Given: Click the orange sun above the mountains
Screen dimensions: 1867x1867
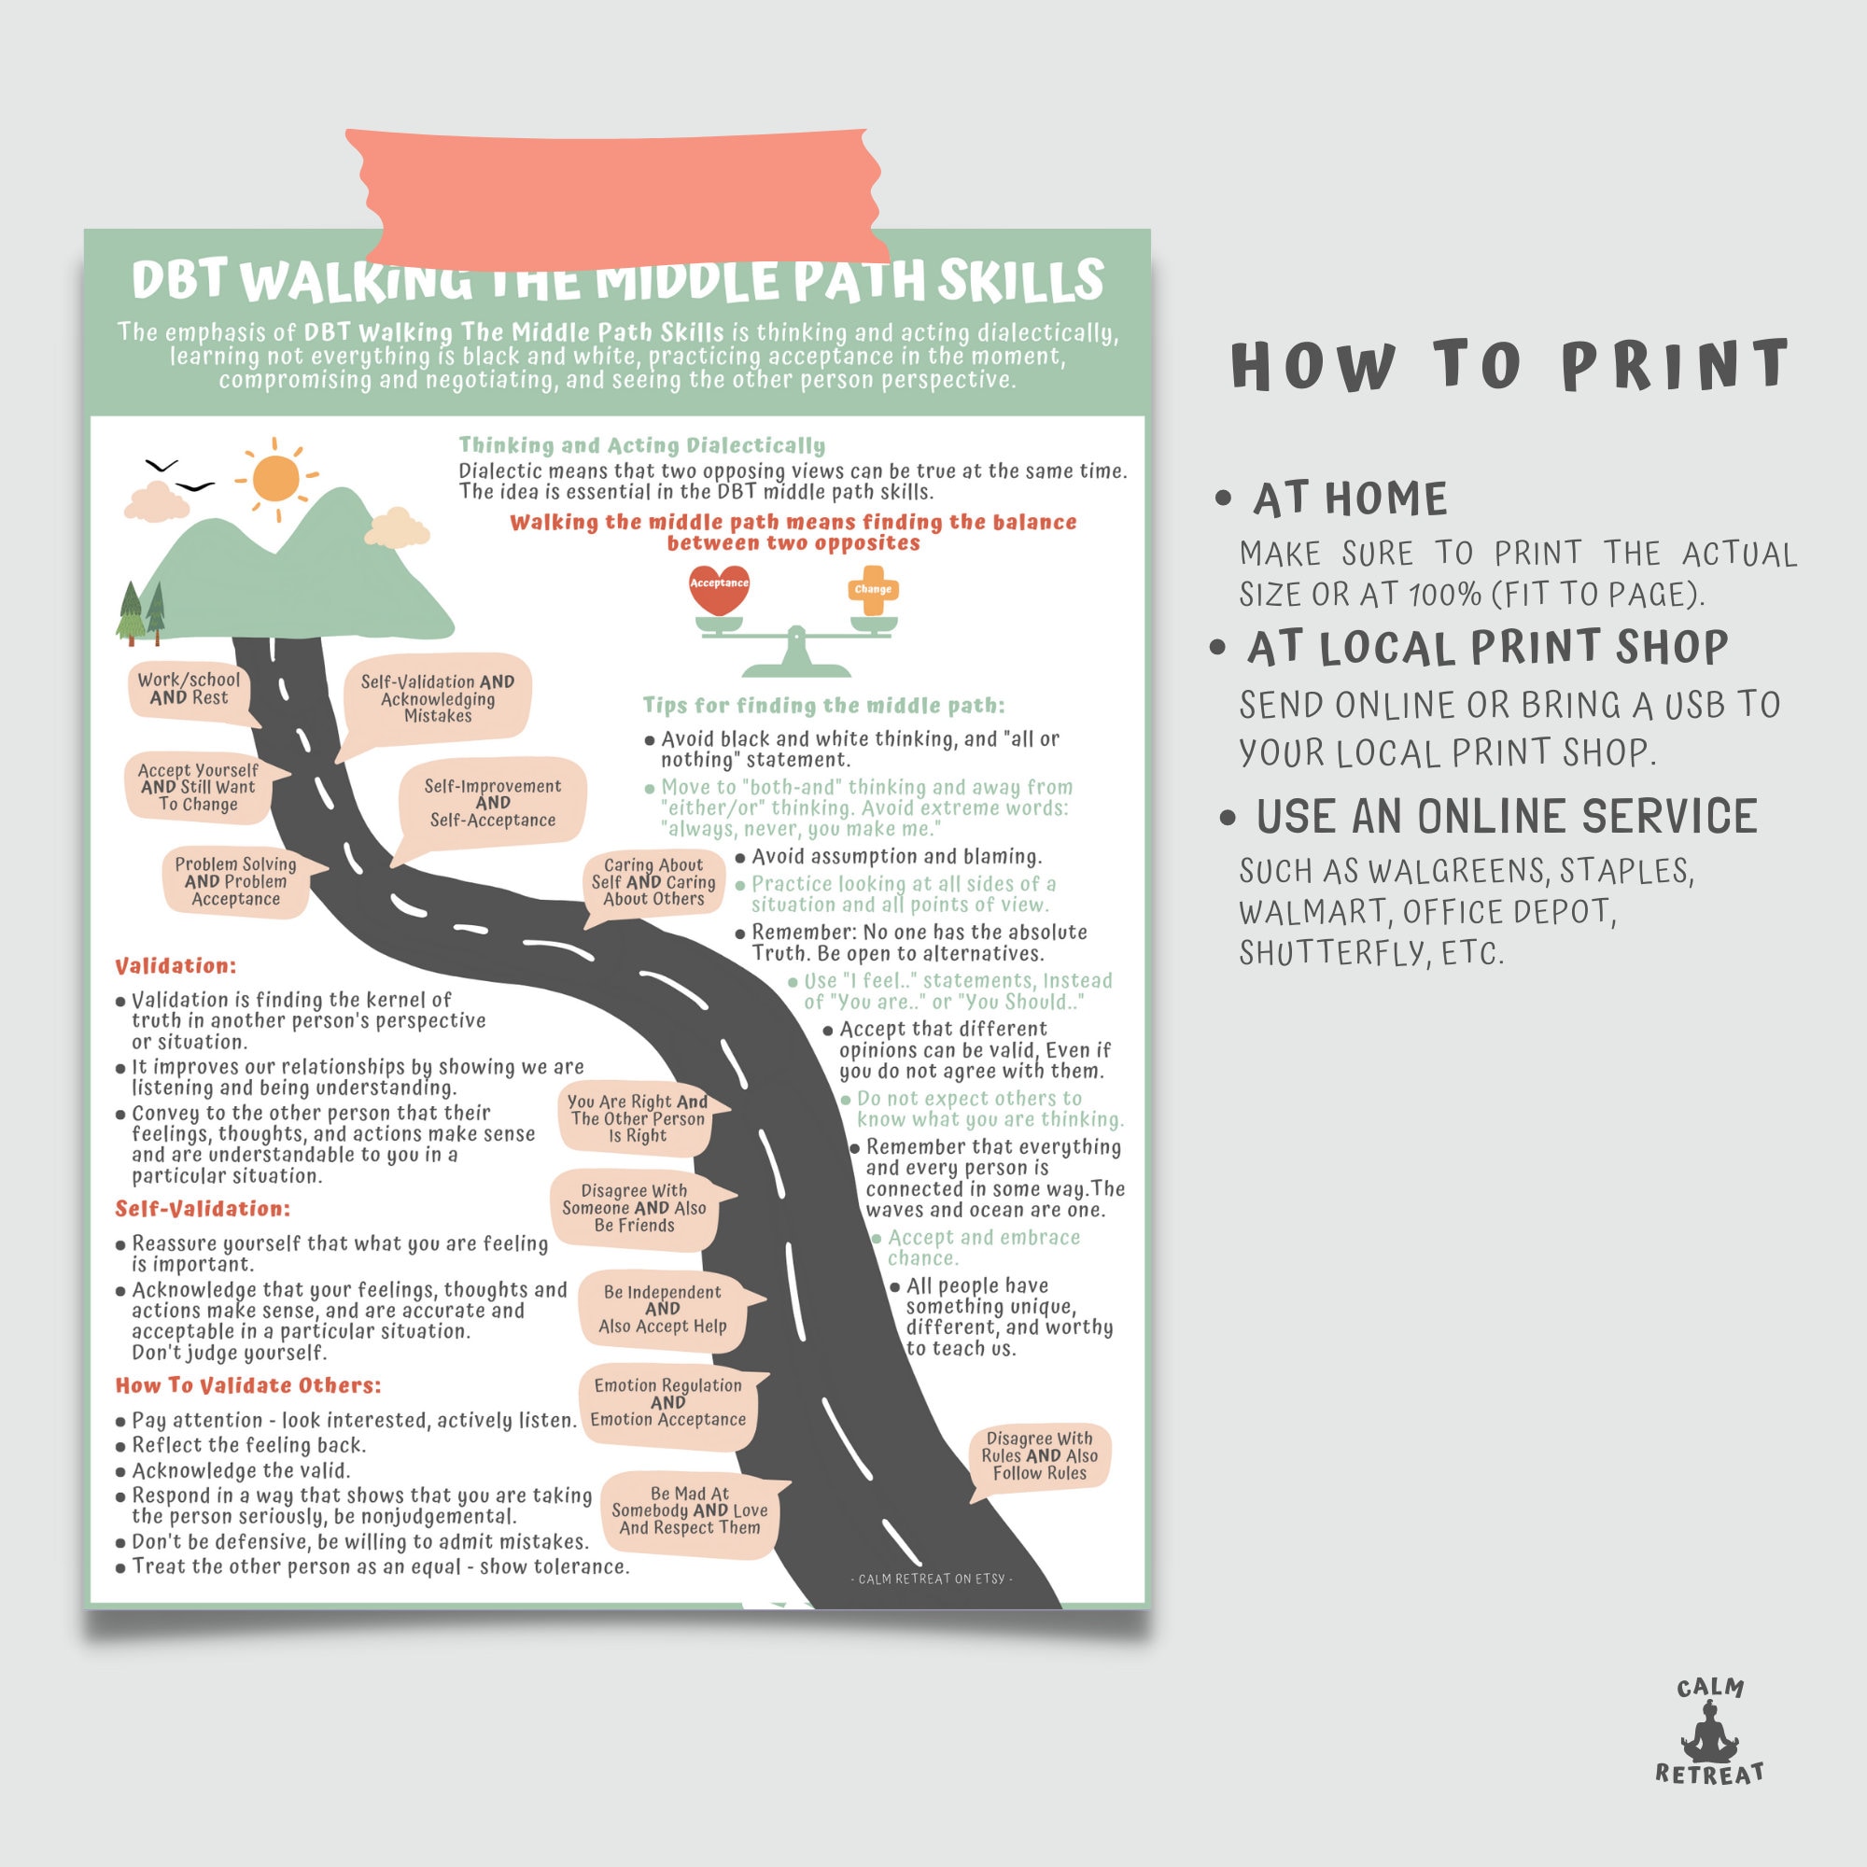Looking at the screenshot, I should pos(276,477).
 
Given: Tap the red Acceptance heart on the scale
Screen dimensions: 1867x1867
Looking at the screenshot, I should pos(719,591).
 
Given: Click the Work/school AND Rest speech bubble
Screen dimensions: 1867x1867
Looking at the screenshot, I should pos(189,689).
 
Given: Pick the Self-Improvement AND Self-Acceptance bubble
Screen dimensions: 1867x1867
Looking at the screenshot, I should pos(492,803).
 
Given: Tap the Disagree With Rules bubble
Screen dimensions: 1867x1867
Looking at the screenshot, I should pos(1040,1455).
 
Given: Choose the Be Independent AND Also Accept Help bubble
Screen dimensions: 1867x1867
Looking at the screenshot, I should pos(662,1309).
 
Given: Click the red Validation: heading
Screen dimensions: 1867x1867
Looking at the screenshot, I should pos(175,965).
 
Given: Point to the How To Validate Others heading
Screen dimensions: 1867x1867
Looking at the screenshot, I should pos(248,1384).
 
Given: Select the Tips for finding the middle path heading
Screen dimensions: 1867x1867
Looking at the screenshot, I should pos(823,706).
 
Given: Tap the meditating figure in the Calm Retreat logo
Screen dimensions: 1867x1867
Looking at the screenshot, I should pos(1709,1736).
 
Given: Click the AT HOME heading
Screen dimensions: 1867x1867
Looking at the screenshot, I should pos(1350,499).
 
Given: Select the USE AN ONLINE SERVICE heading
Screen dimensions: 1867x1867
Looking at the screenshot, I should pos(1506,817).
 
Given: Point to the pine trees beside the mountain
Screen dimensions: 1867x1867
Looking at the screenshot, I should pos(141,612).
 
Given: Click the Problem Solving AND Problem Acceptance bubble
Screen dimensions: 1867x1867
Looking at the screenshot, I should pos(236,881).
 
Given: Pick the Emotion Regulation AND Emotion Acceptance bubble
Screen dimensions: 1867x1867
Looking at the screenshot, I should pos(667,1402).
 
